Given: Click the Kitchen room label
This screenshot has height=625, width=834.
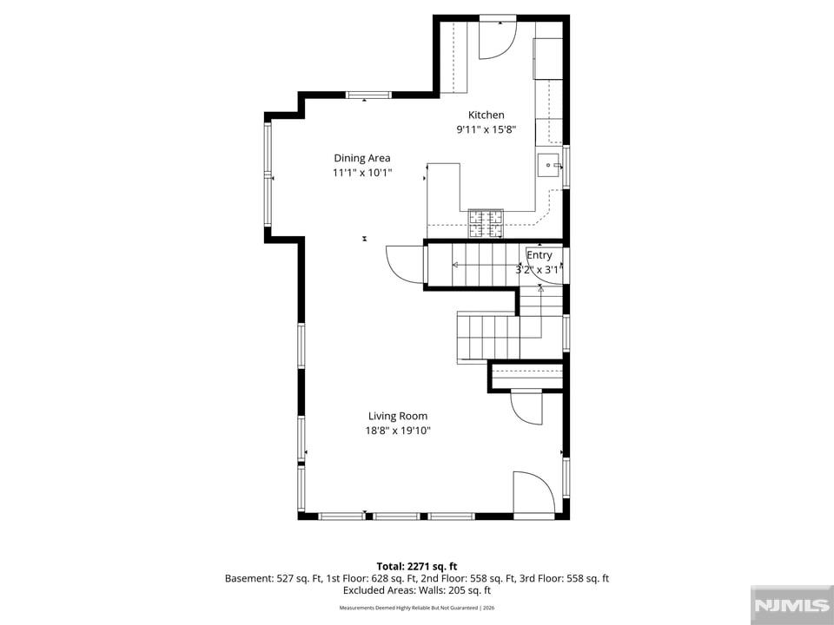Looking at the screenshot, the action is point(486,115).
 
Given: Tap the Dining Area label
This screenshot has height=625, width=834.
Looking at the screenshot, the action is point(362,158).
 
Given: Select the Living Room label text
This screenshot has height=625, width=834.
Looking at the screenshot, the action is point(398,416).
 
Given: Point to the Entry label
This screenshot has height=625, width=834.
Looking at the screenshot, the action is point(539,255).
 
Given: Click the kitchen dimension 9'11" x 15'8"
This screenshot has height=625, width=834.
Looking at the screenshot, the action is point(486,129).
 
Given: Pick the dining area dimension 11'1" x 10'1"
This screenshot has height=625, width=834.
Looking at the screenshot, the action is point(362,173).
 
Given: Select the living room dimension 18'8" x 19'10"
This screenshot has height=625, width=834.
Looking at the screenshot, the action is point(398,431).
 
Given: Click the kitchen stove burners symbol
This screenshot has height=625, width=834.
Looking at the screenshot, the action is point(486,223).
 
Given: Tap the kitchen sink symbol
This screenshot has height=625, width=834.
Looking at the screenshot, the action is point(548,165).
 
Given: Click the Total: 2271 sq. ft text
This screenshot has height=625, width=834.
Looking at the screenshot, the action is point(416,567).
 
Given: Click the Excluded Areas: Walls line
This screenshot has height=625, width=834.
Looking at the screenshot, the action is point(416,590).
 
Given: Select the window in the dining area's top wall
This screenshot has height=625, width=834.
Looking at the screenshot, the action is point(368,95).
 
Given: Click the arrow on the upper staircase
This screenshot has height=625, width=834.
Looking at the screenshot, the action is point(486,265).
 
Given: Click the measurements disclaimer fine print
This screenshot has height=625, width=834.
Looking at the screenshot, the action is point(416,608).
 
